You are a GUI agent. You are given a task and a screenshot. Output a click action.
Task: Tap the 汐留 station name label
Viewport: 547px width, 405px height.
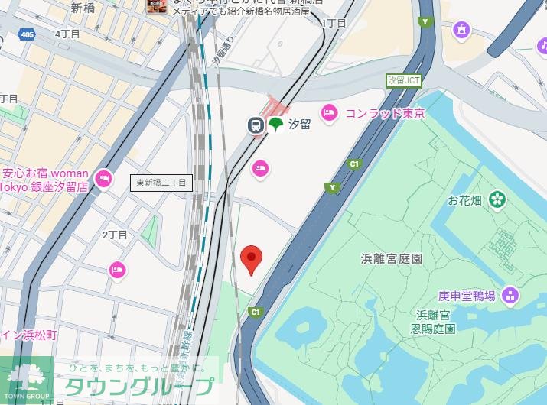point(299,125)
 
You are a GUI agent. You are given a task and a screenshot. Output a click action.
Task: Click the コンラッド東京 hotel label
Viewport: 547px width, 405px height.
point(385,113)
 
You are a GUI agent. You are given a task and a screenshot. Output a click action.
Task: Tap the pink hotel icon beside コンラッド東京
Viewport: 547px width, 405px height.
point(329,112)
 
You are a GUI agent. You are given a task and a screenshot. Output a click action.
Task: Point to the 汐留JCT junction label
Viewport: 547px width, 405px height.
point(404,80)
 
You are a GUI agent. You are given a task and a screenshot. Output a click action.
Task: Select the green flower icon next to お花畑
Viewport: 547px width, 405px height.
point(498,199)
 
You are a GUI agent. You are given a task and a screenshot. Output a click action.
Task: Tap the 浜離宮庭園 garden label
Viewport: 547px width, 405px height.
point(392,258)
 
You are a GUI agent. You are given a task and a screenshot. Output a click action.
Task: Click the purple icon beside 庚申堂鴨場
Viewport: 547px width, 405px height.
point(510,295)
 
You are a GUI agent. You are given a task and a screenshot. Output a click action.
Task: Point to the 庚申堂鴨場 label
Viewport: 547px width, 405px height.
point(467,296)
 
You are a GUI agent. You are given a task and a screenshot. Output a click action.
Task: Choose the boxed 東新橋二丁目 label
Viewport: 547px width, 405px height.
point(161,183)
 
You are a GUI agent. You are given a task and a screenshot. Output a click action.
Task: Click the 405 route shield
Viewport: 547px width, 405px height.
point(28,35)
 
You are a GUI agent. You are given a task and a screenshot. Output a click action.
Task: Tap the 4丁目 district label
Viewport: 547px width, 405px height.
point(67,34)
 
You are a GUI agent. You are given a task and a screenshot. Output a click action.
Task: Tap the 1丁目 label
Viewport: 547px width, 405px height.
point(334,23)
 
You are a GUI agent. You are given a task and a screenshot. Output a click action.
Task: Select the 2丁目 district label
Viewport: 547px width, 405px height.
point(114,234)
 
